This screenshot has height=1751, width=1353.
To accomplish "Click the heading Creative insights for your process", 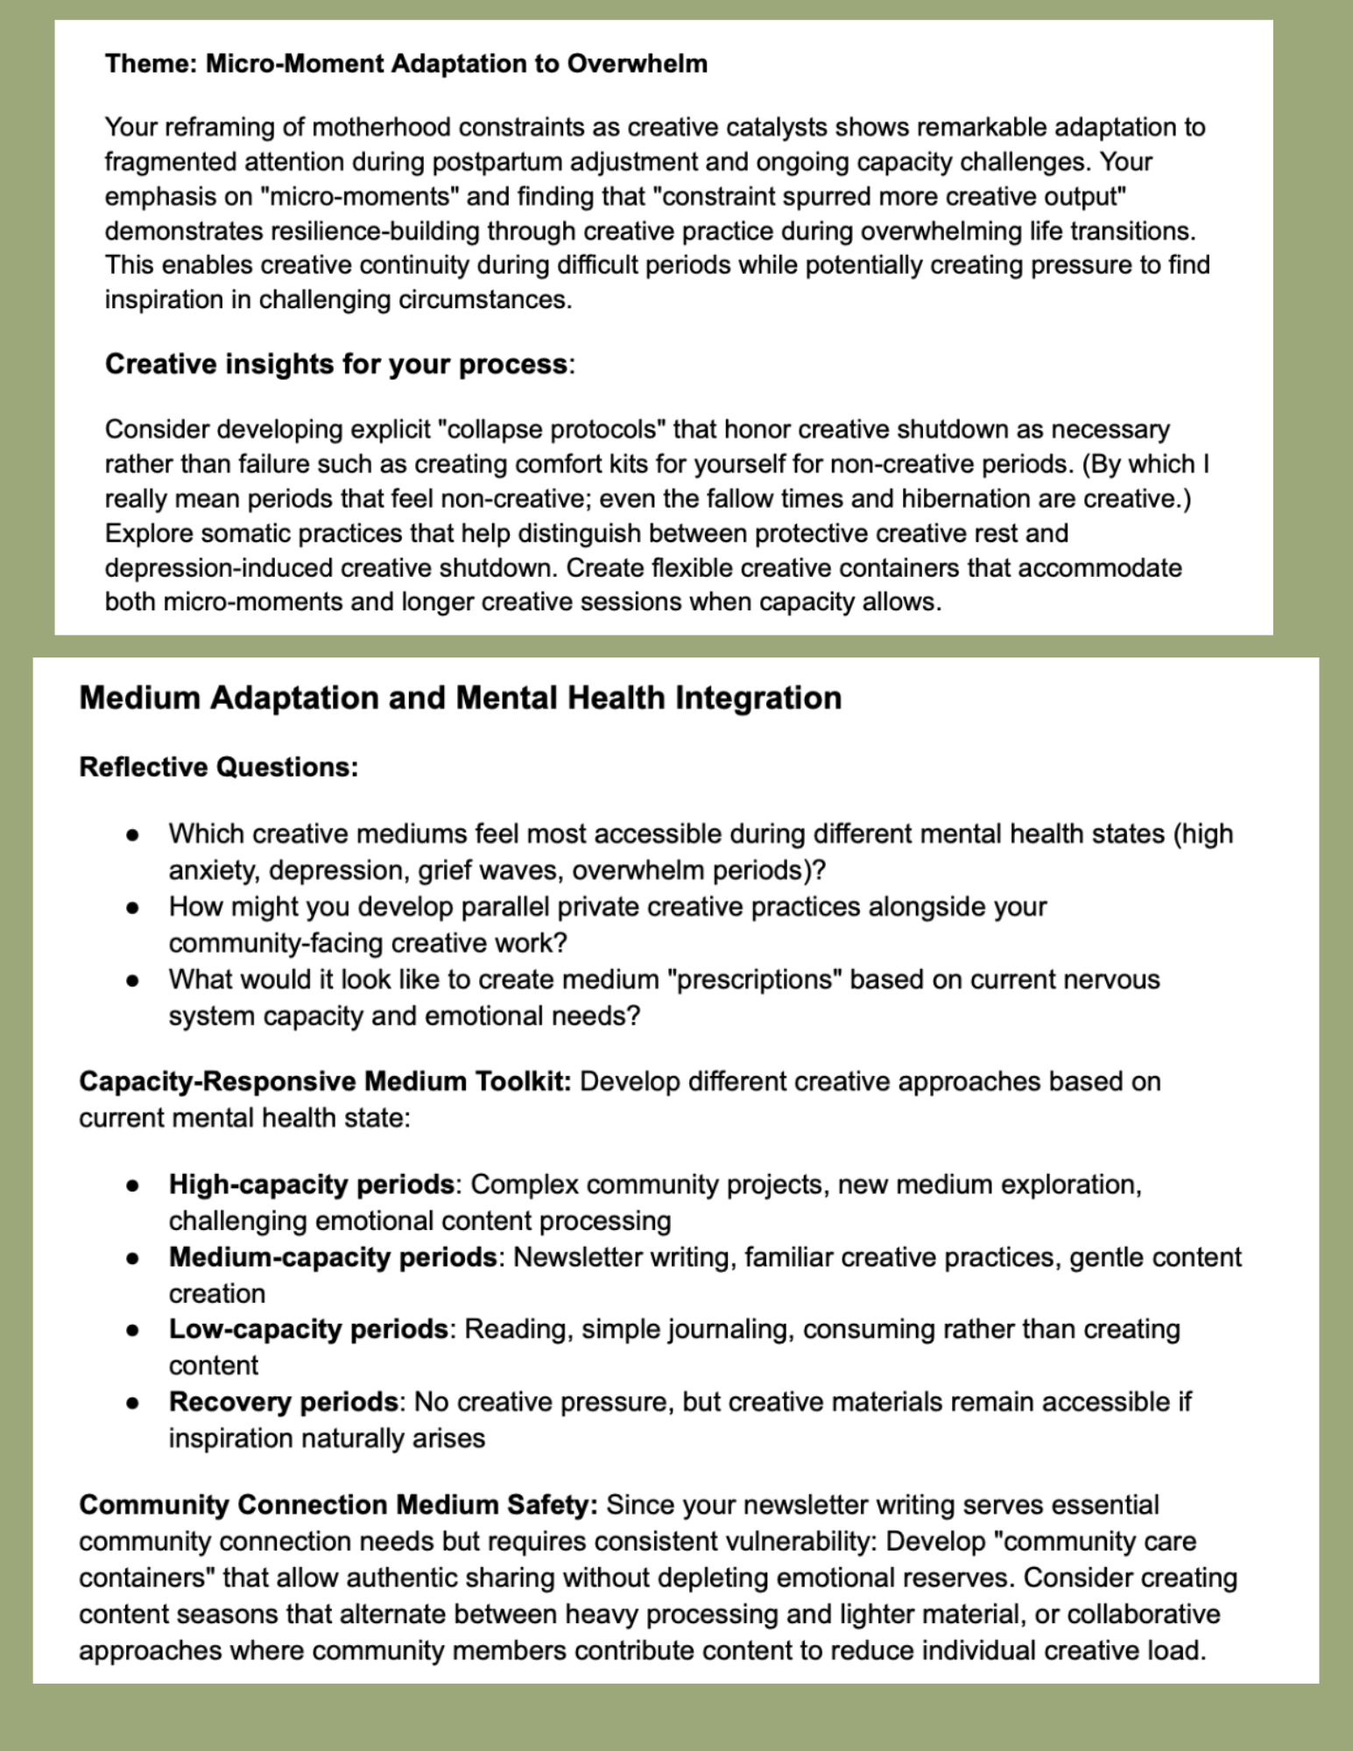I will point(336,364).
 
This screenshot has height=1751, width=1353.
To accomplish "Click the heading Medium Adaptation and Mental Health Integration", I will point(460,698).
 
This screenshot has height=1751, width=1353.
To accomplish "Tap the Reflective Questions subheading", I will point(218,767).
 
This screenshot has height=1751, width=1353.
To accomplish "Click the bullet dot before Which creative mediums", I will point(132,834).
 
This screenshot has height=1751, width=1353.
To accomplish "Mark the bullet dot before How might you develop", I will point(132,907).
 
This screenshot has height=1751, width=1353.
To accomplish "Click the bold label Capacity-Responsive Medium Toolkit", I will point(325,1081).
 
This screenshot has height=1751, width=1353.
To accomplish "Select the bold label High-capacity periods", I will point(311,1185).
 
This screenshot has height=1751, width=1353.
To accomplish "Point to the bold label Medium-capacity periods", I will point(333,1257).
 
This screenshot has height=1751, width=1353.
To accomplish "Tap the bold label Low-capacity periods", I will point(308,1329).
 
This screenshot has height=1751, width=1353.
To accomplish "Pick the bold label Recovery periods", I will point(283,1402).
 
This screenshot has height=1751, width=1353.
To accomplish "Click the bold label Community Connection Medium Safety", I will point(338,1505).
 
